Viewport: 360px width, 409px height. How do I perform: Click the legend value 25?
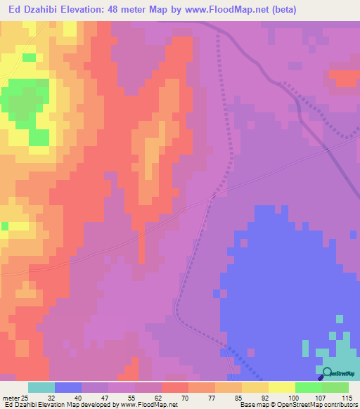(x=26, y=397)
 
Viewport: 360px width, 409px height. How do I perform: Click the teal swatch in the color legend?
(x=41, y=387)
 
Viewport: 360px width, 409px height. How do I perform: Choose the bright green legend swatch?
(x=308, y=387)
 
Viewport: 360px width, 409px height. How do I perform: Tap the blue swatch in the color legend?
(x=68, y=387)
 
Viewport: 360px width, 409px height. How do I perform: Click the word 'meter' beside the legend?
(x=10, y=397)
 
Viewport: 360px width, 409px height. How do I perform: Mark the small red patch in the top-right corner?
(x=344, y=78)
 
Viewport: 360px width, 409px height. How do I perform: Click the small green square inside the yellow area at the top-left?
(x=29, y=58)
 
